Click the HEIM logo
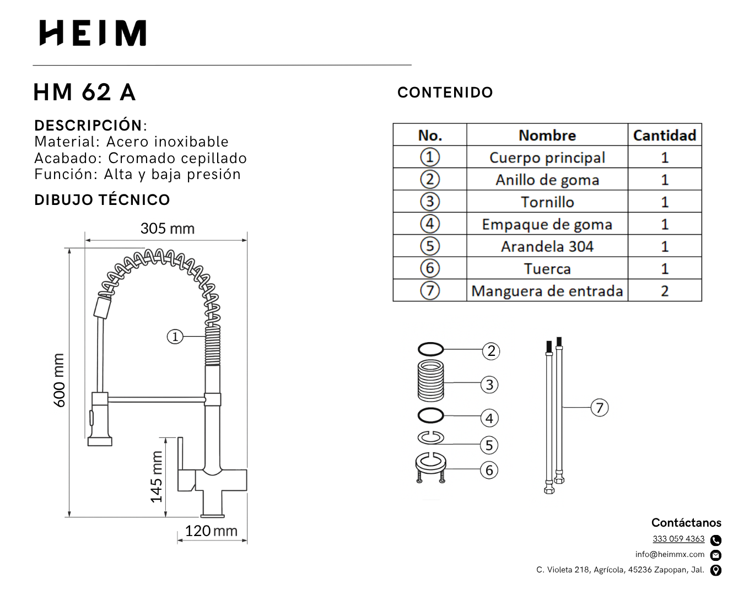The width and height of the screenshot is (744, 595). [93, 33]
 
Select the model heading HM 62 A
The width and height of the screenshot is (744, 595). [84, 93]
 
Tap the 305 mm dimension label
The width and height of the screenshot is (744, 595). [168, 229]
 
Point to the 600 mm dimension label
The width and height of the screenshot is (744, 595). [60, 381]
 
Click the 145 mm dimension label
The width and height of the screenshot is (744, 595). [157, 477]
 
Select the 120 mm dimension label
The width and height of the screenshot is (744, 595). [211, 531]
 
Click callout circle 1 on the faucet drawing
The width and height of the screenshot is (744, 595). [175, 337]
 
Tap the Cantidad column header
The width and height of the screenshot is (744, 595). [664, 135]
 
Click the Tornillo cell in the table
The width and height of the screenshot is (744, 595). [547, 202]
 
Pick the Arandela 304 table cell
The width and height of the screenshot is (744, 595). [547, 246]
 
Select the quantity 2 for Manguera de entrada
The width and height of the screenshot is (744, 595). [665, 291]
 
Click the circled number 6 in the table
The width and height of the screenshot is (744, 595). [430, 268]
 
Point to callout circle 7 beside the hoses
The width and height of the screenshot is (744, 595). [600, 408]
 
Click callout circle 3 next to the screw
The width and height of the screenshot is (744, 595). [489, 385]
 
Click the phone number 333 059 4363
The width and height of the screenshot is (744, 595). [678, 539]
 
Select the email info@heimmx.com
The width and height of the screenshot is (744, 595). [670, 554]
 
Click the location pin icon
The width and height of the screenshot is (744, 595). [715, 570]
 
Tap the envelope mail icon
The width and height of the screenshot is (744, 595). [715, 555]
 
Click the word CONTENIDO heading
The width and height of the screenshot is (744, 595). [445, 93]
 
